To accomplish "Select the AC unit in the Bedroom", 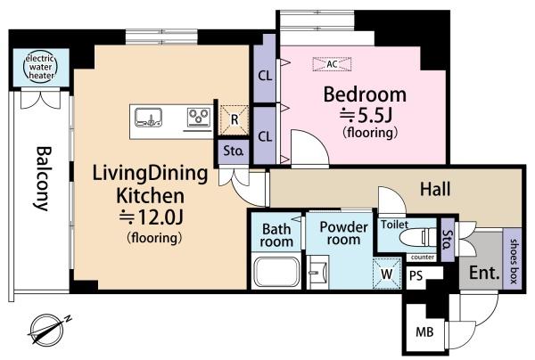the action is (332, 64).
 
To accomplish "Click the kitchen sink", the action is (148, 118).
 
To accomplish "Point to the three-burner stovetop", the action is (199, 117).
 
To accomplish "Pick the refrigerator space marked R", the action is (234, 120).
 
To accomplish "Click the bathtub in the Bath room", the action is (276, 272).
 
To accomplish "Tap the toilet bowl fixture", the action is (418, 237).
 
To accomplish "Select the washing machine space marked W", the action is (387, 274).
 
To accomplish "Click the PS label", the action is (416, 275).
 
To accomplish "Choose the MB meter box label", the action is (424, 331).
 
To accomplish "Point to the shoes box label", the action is (514, 261).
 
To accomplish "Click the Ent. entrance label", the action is (484, 273).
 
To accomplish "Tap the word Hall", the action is (435, 189).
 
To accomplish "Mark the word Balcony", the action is (44, 178).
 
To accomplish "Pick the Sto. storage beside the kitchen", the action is (234, 151).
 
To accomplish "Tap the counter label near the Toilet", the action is (423, 258).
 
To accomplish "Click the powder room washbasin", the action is (318, 272).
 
